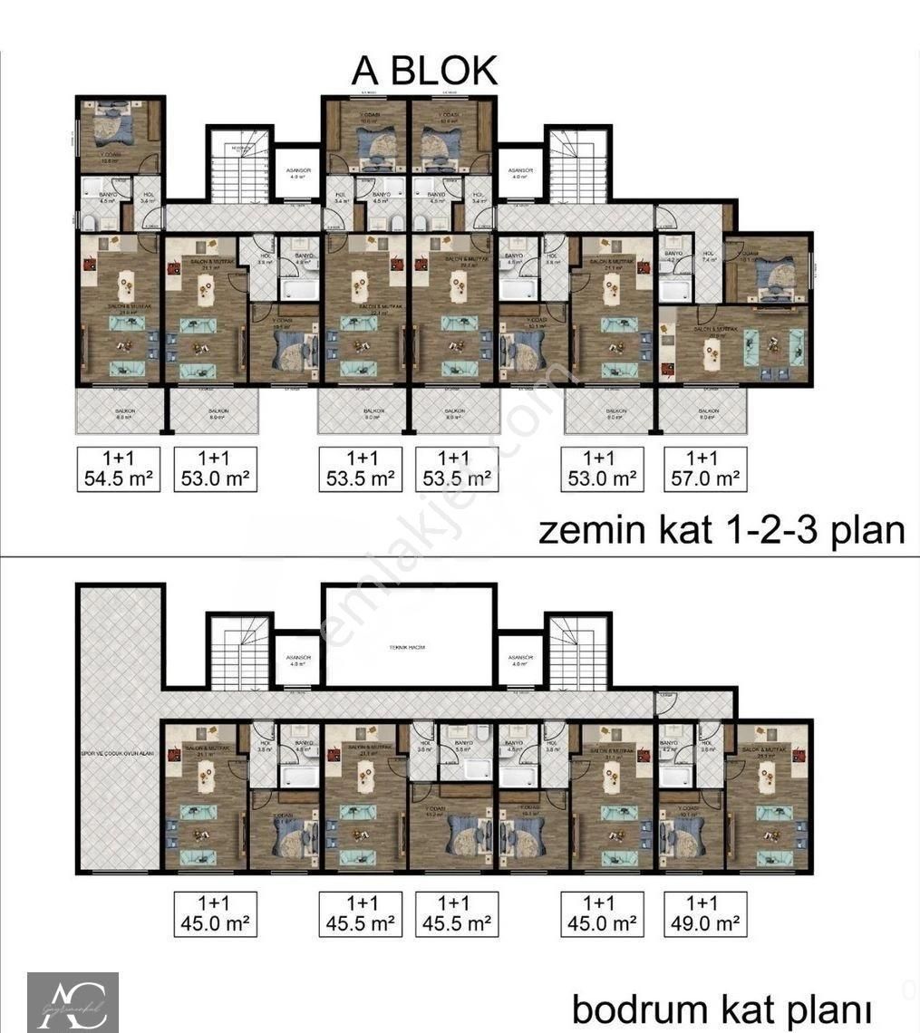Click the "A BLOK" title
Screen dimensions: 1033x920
point(424,70)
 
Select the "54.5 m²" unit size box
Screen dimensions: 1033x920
point(119,468)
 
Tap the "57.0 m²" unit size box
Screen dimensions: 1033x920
point(706,468)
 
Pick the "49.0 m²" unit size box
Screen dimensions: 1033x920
point(706,913)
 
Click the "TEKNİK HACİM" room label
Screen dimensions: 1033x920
point(407,647)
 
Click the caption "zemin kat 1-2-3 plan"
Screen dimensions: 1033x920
point(721,529)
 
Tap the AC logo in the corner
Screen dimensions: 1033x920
point(73,1001)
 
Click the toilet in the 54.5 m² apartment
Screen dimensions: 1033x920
point(90,221)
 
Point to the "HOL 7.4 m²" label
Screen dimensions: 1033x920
point(708,256)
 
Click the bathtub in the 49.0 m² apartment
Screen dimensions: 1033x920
point(675,775)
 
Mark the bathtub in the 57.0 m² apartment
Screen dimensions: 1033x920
point(675,291)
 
